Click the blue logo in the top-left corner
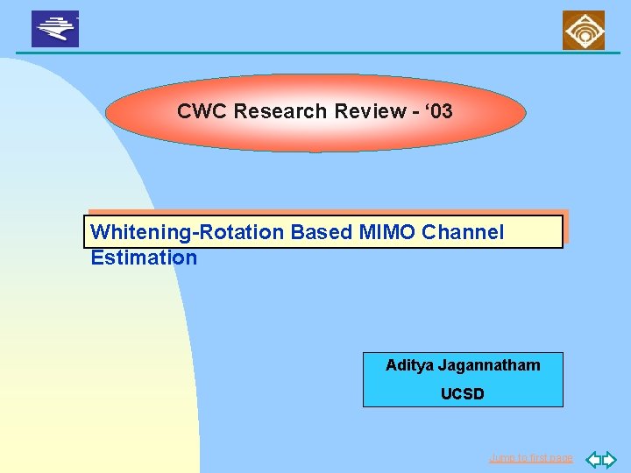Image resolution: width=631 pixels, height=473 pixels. [55, 29]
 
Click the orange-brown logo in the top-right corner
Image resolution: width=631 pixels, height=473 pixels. [583, 31]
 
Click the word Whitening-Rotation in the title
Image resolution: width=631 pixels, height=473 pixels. [188, 232]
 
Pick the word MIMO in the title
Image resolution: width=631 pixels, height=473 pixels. [387, 232]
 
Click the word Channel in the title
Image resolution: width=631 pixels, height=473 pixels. [463, 232]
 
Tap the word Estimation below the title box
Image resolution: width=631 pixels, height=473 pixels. [144, 258]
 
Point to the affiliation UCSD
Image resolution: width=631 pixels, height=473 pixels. [462, 394]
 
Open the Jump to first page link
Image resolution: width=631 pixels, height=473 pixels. [531, 458]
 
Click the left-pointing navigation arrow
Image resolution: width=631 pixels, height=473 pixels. [592, 458]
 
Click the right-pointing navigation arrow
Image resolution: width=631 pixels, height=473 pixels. [609, 458]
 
